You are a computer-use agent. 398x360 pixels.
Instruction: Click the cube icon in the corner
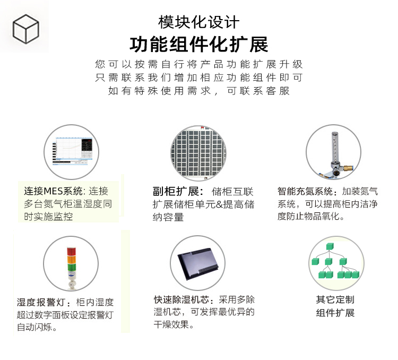point(25,29)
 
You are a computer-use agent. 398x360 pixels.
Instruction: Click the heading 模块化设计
point(199,22)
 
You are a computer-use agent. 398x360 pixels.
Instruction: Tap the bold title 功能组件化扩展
point(199,45)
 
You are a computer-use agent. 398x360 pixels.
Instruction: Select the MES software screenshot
point(73,151)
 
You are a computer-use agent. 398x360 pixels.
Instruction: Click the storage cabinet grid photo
point(198,153)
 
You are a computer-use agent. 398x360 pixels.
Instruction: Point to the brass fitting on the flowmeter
point(348,168)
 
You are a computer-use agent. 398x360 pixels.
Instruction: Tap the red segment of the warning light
point(71,251)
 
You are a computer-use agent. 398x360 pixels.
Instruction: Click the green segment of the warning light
point(71,268)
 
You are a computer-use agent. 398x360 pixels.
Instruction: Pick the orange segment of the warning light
point(71,260)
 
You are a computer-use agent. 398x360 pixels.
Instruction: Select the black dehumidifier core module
point(198,263)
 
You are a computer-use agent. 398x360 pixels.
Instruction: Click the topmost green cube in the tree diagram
point(330,246)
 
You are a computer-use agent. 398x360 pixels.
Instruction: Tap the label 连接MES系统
point(53,191)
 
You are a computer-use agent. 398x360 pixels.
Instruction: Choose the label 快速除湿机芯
point(181,299)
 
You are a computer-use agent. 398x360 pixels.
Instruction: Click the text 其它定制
point(335,299)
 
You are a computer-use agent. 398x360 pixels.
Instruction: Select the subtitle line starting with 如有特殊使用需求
point(199,91)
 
